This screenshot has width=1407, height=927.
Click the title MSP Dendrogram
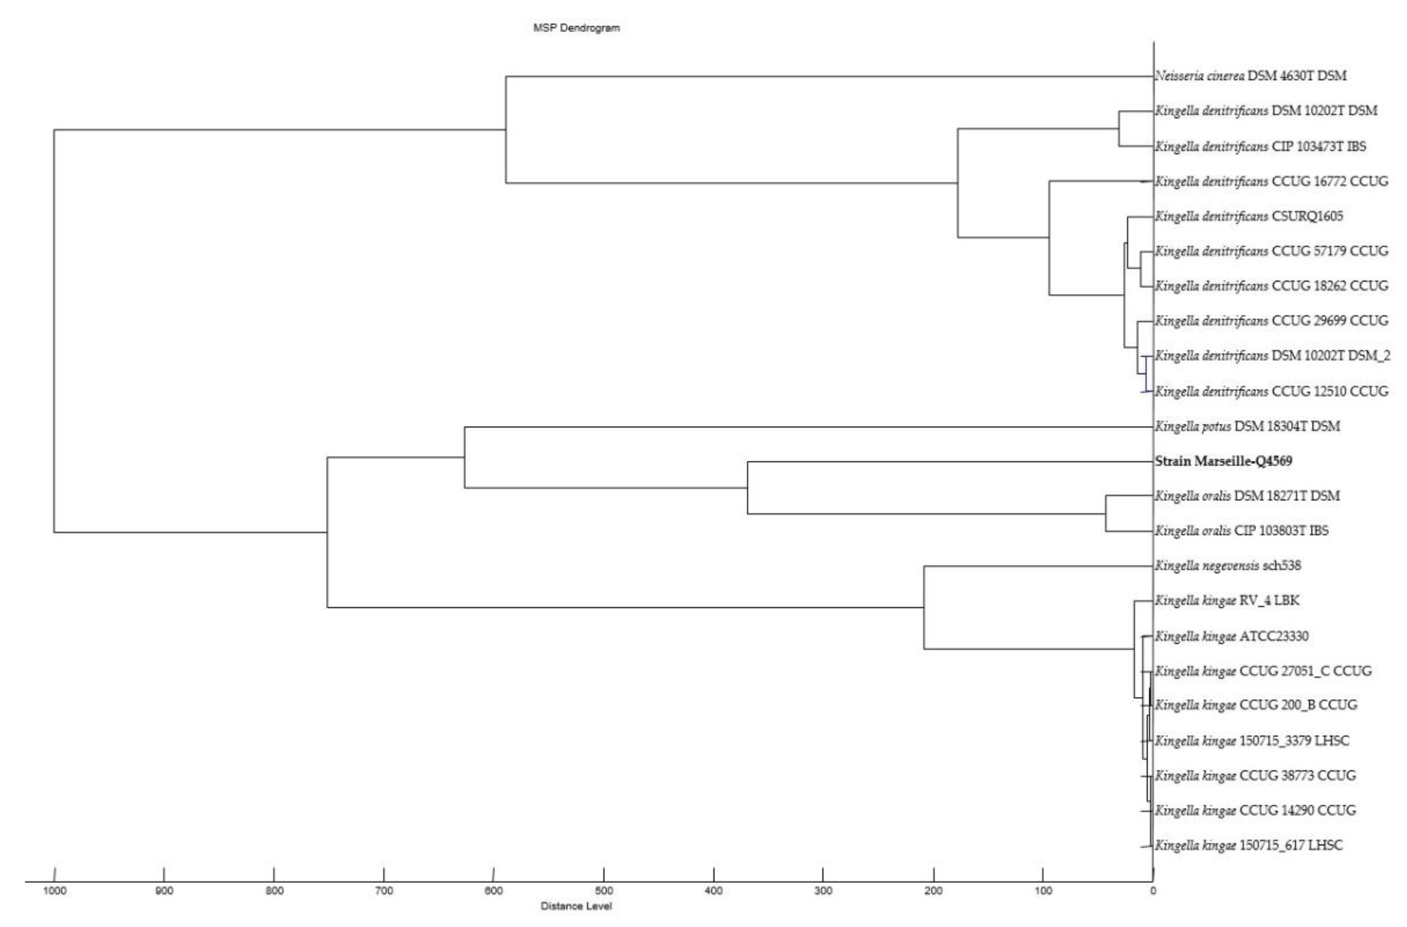[576, 28]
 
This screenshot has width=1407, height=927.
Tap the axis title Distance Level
[576, 906]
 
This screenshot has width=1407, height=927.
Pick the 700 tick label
[384, 891]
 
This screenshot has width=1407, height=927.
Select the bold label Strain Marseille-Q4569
[1223, 461]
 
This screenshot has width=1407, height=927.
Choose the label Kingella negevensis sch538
[1228, 566]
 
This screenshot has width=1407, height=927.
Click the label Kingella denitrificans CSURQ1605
[1248, 216]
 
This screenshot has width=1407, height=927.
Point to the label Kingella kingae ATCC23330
[1231, 636]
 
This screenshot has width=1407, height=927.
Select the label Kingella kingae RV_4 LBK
[1227, 600]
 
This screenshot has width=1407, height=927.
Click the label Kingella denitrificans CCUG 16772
[1271, 181]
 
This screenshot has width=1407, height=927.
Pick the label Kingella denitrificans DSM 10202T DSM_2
[1272, 356]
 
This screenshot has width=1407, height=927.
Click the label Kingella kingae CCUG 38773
[1255, 776]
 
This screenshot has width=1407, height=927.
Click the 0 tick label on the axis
[1153, 891]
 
